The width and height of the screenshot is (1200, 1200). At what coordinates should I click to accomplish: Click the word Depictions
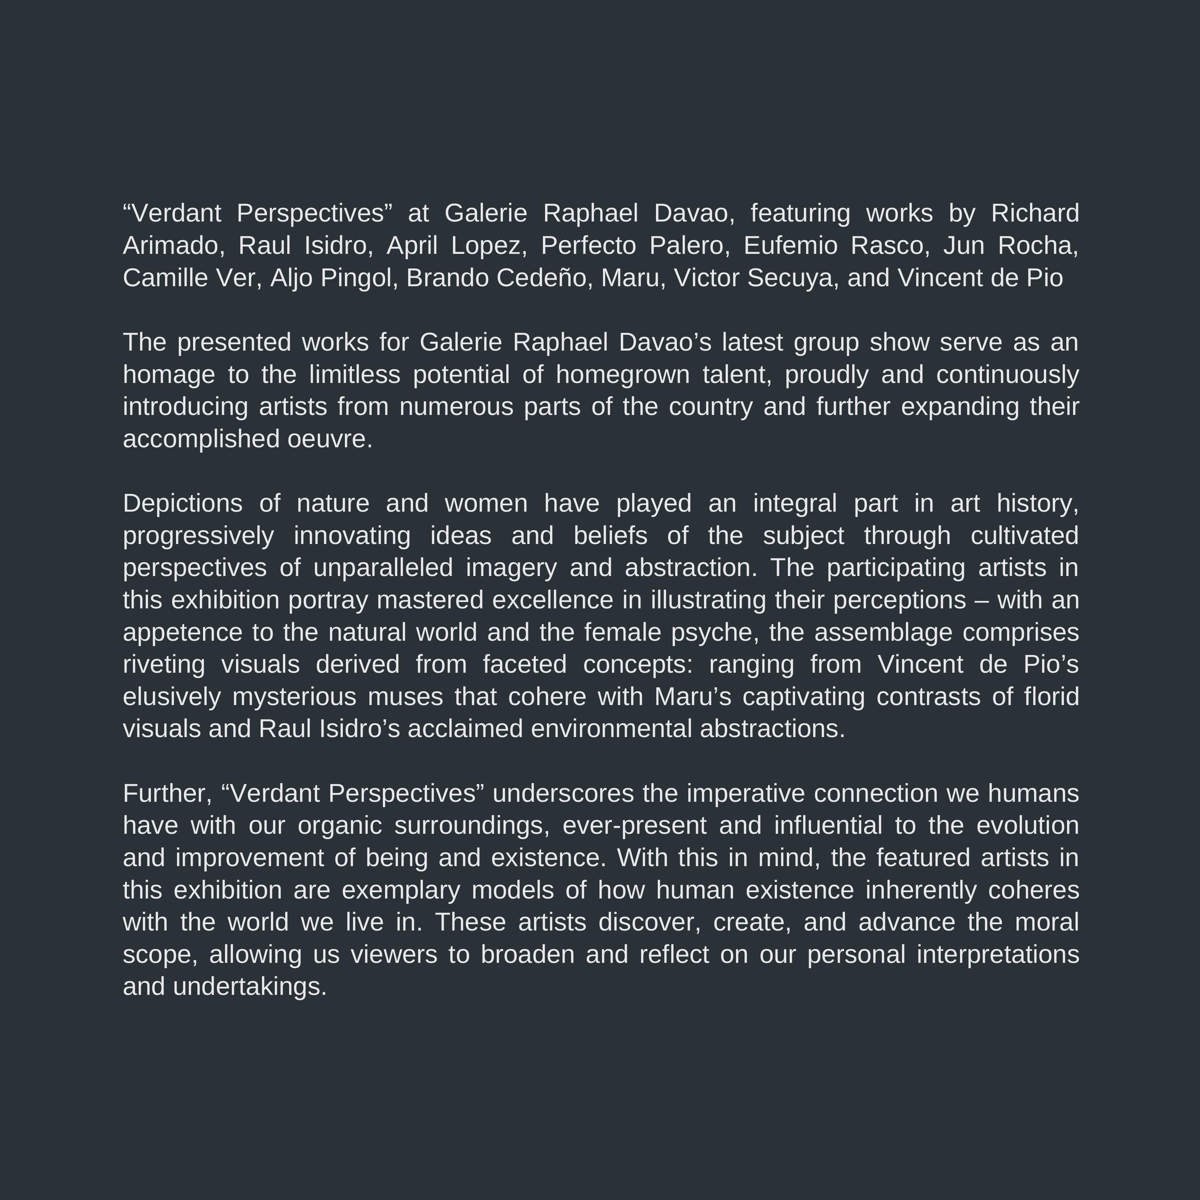pos(183,503)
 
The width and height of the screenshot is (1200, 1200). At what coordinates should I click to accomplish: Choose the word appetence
pos(183,632)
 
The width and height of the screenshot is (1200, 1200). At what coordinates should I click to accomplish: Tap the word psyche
pos(715,632)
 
